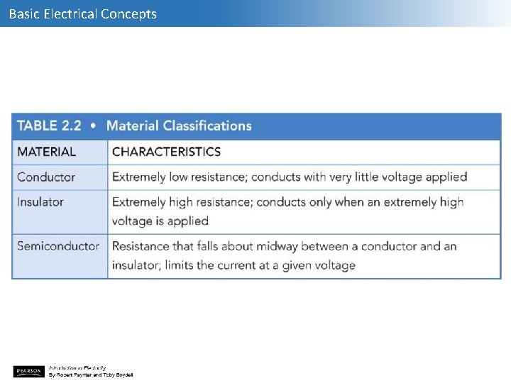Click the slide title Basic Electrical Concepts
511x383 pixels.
[x=82, y=13]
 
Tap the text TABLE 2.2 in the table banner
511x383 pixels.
[x=49, y=126]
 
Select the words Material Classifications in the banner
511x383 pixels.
[x=179, y=126]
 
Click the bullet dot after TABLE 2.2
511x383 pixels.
[x=94, y=126]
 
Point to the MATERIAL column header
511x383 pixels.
[x=46, y=152]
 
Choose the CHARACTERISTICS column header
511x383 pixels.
[x=166, y=152]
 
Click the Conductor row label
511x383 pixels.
[x=46, y=177]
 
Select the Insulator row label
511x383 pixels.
[x=40, y=202]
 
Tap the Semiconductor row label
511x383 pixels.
[x=58, y=246]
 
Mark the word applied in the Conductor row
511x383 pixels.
[x=446, y=177]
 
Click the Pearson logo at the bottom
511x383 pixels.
[x=28, y=371]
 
